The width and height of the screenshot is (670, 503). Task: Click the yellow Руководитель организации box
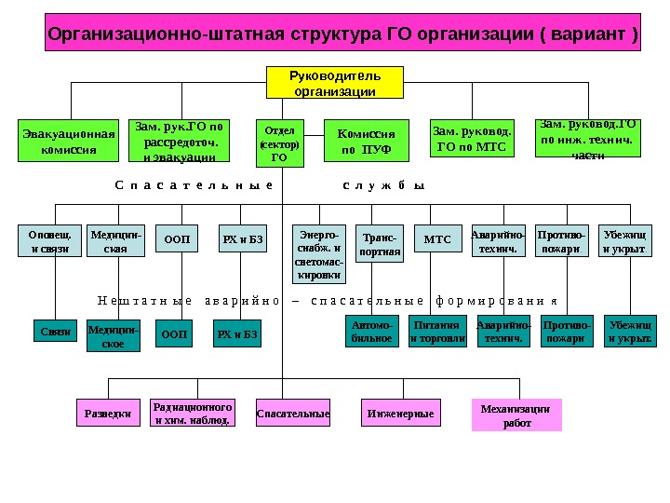tap(335, 82)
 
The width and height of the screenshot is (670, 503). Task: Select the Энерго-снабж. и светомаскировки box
tap(318, 251)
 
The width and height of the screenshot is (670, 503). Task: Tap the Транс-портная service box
tap(380, 245)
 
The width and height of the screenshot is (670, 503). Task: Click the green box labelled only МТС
tap(437, 240)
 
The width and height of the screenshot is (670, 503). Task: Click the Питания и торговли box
tap(437, 332)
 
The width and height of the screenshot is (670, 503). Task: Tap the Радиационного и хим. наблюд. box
tap(192, 413)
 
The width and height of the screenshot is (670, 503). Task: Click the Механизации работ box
tap(516, 415)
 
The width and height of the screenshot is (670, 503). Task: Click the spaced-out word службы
tap(383, 185)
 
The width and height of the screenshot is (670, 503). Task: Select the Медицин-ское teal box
tap(113, 336)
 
